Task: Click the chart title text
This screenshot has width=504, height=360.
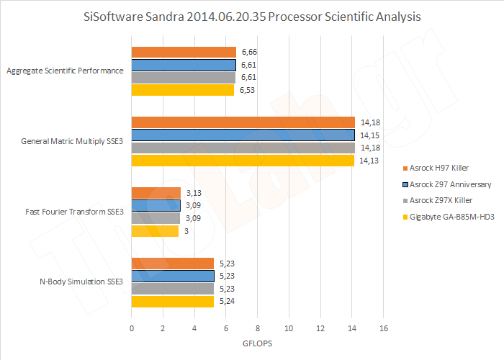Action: [x=252, y=15]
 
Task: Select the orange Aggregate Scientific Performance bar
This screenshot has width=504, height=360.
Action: [x=184, y=52]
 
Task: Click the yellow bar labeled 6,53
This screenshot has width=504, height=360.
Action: [x=183, y=90]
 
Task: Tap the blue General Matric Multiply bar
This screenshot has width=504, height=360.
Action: [x=243, y=135]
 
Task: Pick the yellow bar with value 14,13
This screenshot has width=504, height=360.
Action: [x=243, y=161]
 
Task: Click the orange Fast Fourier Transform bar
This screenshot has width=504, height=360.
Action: [x=156, y=192]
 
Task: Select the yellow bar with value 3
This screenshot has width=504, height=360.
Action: [x=155, y=231]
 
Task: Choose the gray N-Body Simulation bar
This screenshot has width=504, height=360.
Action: [x=172, y=289]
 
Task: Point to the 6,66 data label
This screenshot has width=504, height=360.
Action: [x=249, y=52]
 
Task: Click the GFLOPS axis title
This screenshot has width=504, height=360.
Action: [x=258, y=343]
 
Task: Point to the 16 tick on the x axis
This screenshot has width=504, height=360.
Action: [x=383, y=328]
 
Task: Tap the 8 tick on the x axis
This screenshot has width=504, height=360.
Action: [x=257, y=328]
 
